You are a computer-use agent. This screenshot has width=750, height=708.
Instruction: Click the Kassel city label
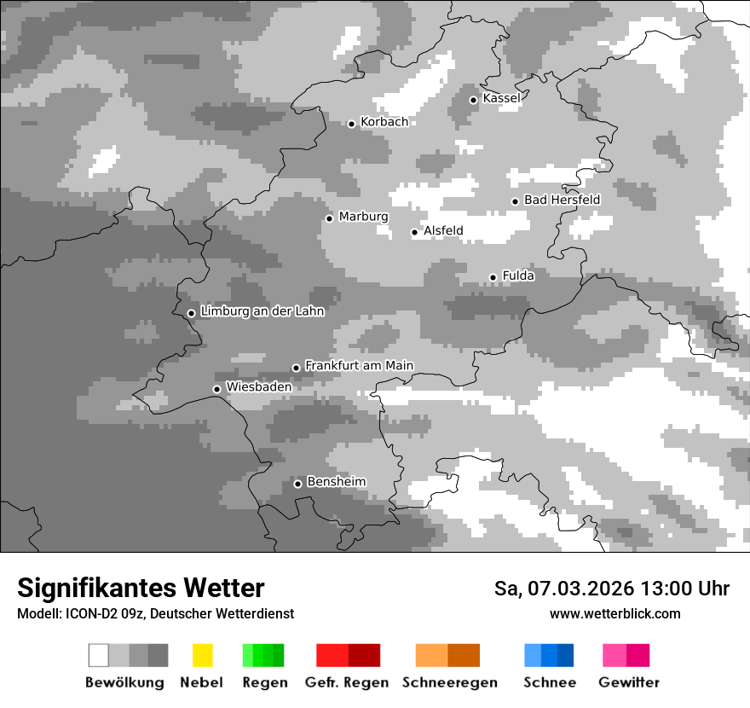(x=501, y=98)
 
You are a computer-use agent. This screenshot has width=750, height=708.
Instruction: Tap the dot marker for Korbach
(x=351, y=124)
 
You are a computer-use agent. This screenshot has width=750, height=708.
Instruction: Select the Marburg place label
(x=363, y=217)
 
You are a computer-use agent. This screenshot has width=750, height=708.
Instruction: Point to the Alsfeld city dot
(x=415, y=232)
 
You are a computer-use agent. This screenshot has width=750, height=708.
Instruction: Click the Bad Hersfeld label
(x=562, y=200)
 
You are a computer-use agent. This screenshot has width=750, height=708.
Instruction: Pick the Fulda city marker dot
(x=493, y=277)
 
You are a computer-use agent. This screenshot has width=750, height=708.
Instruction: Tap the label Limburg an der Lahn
(x=262, y=311)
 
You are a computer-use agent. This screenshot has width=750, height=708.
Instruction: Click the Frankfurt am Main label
(x=359, y=365)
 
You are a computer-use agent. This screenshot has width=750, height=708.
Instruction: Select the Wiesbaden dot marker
(x=216, y=389)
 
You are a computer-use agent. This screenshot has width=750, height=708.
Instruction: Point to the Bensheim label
(x=336, y=482)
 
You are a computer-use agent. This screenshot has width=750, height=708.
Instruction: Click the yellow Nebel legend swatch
(x=202, y=655)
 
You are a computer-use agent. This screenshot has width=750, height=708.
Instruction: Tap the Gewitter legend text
(x=629, y=682)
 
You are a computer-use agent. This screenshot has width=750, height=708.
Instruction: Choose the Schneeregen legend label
(x=450, y=682)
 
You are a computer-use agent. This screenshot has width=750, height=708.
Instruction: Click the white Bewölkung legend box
(x=99, y=655)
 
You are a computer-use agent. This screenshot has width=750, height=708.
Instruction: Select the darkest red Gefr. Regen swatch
(x=365, y=655)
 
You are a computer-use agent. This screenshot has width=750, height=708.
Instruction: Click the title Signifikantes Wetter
(x=141, y=588)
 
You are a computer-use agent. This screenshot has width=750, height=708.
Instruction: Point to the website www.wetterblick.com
(x=614, y=613)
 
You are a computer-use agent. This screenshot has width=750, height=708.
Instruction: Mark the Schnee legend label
(x=550, y=682)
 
